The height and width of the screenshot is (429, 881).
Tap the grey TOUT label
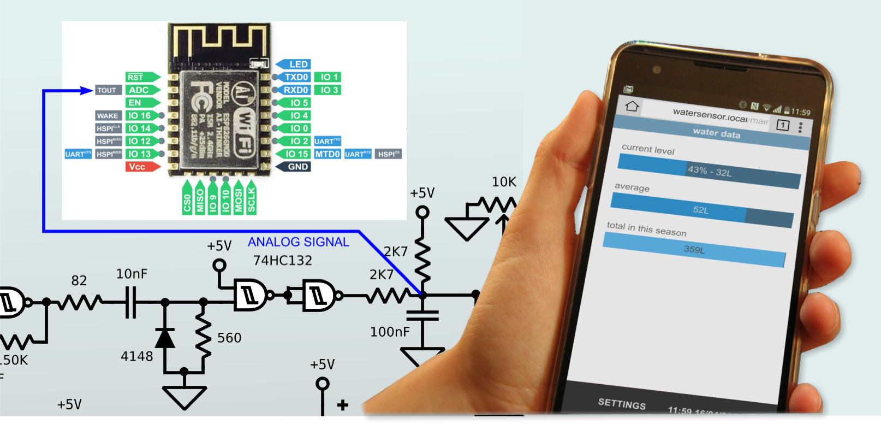(x=107, y=90)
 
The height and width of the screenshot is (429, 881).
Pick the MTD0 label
(x=328, y=154)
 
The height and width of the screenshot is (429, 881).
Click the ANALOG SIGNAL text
(x=298, y=242)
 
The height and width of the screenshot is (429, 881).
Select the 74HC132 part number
(x=282, y=261)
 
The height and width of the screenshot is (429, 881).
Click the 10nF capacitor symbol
(x=130, y=301)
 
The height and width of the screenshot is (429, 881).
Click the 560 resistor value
(x=229, y=338)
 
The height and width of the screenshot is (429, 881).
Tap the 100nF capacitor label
(x=390, y=331)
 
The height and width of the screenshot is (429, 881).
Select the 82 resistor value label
(x=79, y=281)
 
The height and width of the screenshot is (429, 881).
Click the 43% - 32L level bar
(x=709, y=171)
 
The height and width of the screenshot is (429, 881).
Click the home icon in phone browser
(x=632, y=106)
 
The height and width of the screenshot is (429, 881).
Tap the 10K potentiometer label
(x=503, y=182)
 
